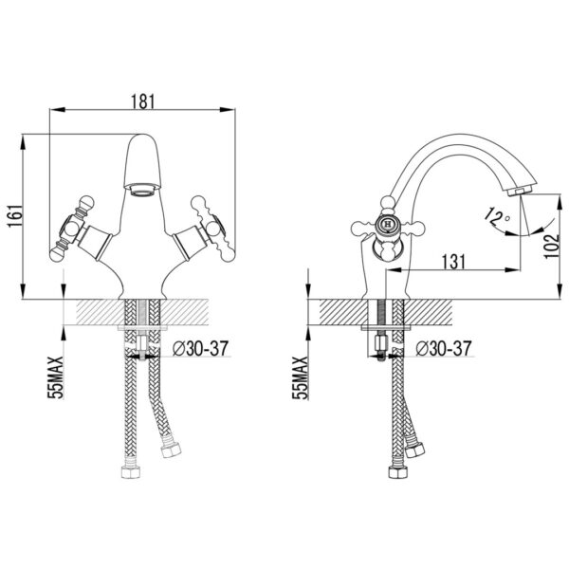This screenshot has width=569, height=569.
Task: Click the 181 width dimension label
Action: (x=142, y=101)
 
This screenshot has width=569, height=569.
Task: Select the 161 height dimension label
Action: (x=15, y=216)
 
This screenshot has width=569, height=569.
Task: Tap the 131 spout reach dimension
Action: (x=453, y=262)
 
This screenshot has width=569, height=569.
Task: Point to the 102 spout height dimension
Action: (x=552, y=246)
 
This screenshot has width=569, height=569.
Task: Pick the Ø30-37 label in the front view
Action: (x=201, y=348)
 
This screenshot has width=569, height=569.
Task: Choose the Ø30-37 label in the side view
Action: (x=444, y=348)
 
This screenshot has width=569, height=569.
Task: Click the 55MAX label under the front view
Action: (x=57, y=377)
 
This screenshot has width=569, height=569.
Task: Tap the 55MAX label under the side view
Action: (x=301, y=377)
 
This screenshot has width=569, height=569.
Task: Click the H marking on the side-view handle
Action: (x=388, y=224)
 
